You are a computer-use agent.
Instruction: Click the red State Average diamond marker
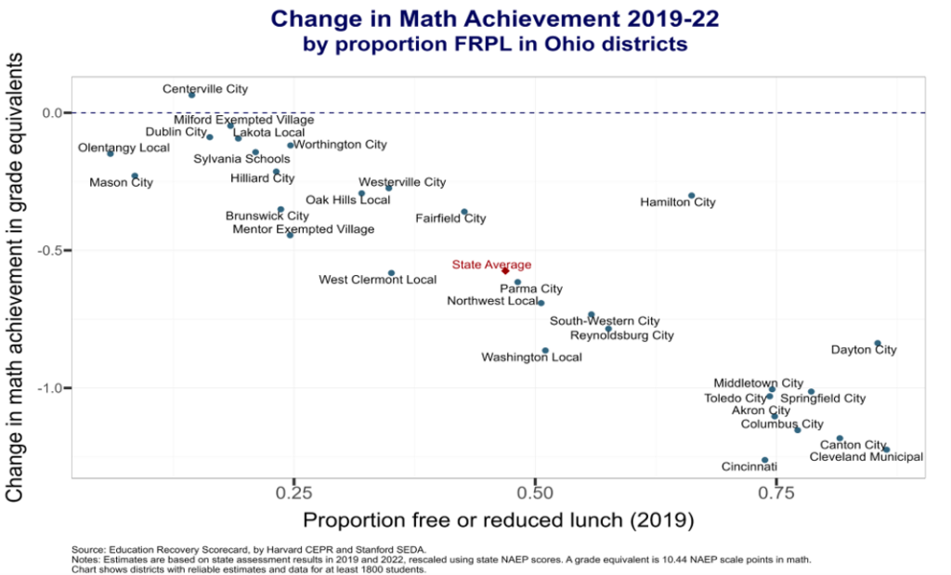click(x=505, y=270)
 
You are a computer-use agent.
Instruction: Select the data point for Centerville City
click(x=192, y=95)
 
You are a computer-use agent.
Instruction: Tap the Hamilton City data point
click(x=692, y=196)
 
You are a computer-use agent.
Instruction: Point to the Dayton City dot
click(x=878, y=344)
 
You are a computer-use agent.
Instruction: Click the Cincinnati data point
click(x=765, y=460)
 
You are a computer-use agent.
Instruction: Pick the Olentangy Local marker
click(x=111, y=153)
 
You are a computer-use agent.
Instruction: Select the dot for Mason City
click(x=135, y=176)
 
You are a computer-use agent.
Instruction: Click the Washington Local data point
click(x=545, y=351)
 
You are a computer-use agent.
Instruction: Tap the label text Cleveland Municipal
click(x=866, y=457)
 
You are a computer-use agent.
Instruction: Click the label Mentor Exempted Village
click(x=304, y=229)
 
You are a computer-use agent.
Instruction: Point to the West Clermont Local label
click(x=377, y=280)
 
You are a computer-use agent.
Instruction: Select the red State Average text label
click(x=491, y=265)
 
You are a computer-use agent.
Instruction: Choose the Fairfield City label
click(x=450, y=219)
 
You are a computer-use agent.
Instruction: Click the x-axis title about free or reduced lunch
click(x=498, y=519)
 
